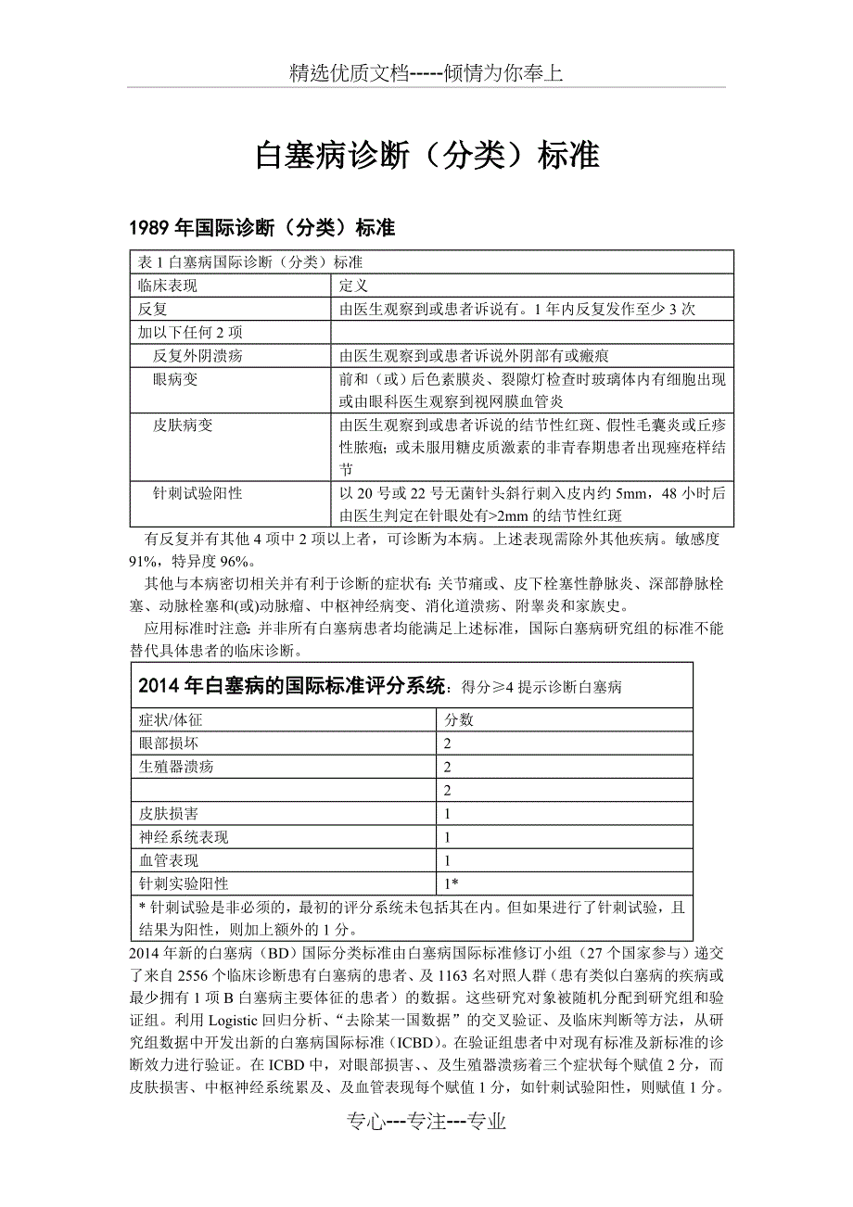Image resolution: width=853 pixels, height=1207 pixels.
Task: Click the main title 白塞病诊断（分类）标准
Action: (x=426, y=156)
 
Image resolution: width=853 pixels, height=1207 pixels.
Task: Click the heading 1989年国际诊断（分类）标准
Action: (x=262, y=228)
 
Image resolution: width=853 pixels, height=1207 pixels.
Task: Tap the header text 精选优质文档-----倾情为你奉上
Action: (x=426, y=74)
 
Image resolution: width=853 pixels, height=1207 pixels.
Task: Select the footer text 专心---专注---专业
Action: (x=426, y=1122)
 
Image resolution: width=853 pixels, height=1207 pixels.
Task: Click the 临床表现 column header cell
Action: (x=168, y=286)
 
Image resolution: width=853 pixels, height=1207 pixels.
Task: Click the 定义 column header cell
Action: (x=354, y=286)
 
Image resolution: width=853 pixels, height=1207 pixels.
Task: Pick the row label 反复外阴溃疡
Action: (x=197, y=355)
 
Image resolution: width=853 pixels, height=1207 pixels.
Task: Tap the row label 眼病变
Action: (x=175, y=379)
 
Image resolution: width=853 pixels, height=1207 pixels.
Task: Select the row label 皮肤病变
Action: (x=183, y=425)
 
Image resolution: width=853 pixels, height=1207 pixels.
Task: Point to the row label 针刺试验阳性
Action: (x=197, y=493)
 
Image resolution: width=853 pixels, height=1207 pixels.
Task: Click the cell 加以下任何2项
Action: (x=178, y=332)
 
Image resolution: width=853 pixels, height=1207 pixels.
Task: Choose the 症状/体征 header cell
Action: (x=171, y=720)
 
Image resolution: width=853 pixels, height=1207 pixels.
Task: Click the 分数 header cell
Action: (x=460, y=720)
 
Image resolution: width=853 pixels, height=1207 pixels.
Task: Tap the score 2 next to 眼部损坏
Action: (x=448, y=743)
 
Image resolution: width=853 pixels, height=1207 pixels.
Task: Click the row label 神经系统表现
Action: (x=183, y=837)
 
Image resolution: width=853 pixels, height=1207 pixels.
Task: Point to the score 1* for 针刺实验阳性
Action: (x=452, y=884)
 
